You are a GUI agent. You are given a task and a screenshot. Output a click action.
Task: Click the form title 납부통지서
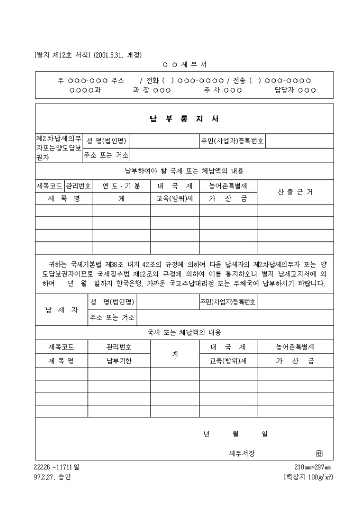coord(184,119)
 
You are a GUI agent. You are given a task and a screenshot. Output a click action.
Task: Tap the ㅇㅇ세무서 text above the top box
coord(184,65)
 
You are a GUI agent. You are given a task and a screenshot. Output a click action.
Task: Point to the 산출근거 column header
coord(295,192)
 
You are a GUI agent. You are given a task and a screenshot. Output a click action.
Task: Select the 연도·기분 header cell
coord(121,186)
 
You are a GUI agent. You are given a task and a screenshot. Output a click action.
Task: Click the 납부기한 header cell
coord(119,361)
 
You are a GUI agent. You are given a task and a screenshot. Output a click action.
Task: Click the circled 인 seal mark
coord(318,453)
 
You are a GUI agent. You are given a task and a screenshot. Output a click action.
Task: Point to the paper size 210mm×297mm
coord(312,467)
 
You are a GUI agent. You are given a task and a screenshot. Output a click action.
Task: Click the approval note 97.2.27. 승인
coord(51,476)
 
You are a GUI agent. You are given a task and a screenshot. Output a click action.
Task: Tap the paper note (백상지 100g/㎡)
coord(308,476)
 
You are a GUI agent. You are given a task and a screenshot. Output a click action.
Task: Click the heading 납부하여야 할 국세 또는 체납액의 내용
coord(184,171)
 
